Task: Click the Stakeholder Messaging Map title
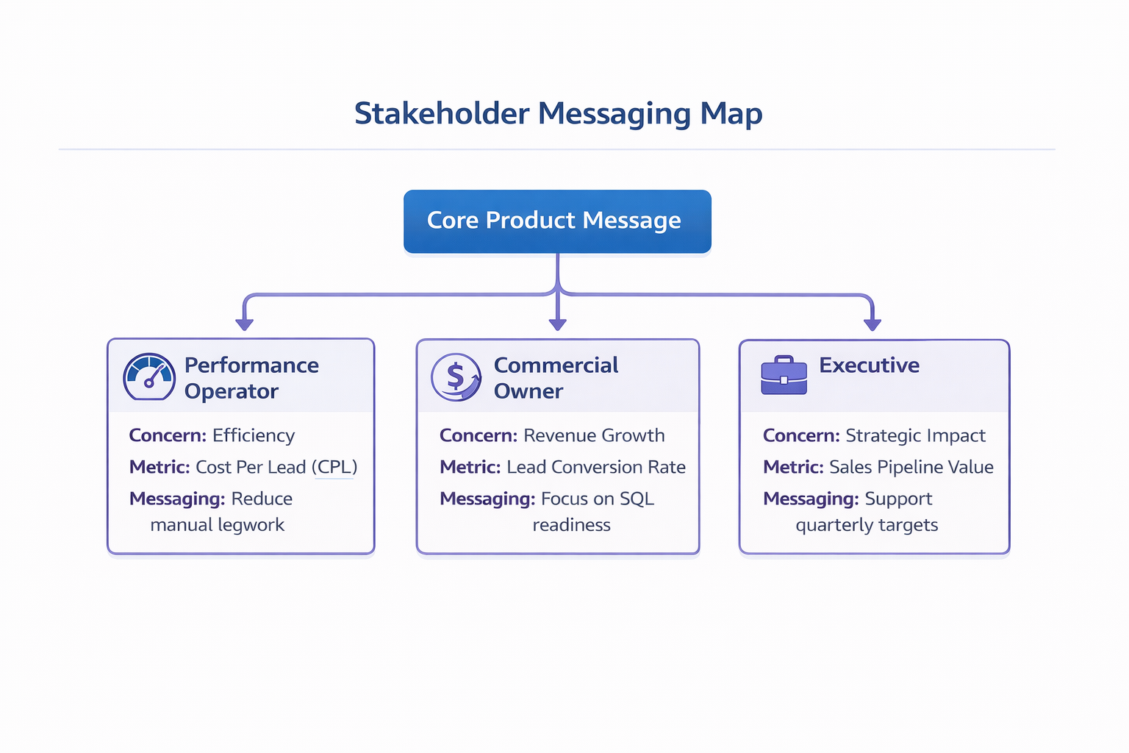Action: click(x=558, y=114)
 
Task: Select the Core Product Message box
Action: click(x=557, y=221)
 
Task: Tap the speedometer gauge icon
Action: click(x=149, y=376)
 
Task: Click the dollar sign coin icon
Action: click(x=456, y=376)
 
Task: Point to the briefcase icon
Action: click(x=784, y=376)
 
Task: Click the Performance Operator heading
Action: click(x=251, y=378)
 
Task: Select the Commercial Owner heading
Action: click(x=555, y=378)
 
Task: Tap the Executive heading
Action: click(x=869, y=365)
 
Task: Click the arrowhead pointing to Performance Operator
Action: click(x=244, y=324)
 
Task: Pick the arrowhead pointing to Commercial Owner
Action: click(x=558, y=324)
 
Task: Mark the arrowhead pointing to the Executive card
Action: click(x=872, y=324)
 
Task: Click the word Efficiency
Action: click(x=254, y=436)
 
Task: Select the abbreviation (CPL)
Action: click(x=334, y=468)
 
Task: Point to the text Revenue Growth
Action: click(x=594, y=436)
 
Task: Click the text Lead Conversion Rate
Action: click(x=596, y=468)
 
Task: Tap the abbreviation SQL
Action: click(x=637, y=499)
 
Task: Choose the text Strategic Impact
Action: click(x=915, y=436)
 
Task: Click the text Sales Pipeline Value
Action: click(x=911, y=468)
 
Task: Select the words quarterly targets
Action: click(x=867, y=526)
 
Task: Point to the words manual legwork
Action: click(x=217, y=526)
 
